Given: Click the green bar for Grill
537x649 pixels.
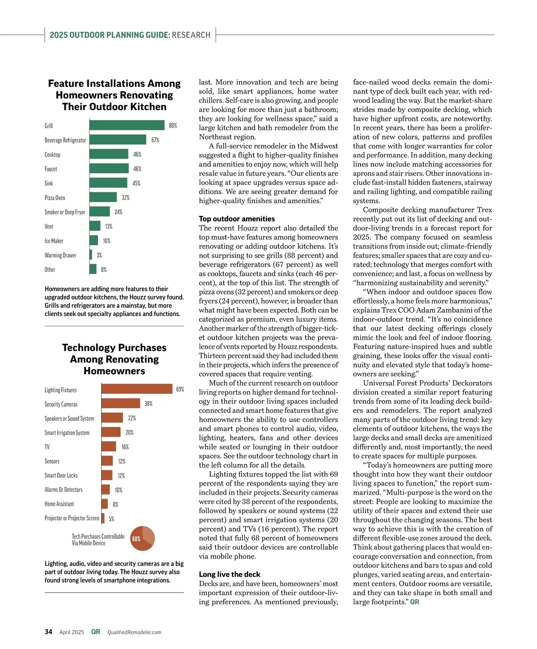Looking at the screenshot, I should pyautogui.click(x=127, y=125).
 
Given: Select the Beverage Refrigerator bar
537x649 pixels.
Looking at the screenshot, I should pyautogui.click(x=118, y=140).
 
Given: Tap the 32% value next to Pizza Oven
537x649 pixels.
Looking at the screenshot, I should pyautogui.click(x=126, y=197).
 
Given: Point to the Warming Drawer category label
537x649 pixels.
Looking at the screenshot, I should pyautogui.click(x=60, y=255).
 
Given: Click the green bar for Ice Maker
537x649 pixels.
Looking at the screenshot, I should pyautogui.click(x=94, y=240).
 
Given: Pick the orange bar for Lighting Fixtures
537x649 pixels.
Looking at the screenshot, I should pyautogui.click(x=137, y=389).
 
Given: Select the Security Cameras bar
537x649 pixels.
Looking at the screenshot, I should pyautogui.click(x=121, y=403).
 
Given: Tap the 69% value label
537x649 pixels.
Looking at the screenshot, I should pyautogui.click(x=180, y=389).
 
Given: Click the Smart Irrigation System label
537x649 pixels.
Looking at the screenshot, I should pyautogui.click(x=67, y=432).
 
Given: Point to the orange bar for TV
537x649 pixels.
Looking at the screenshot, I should pyautogui.click(x=109, y=446).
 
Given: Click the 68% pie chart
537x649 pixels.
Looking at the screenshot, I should pyautogui.click(x=142, y=538).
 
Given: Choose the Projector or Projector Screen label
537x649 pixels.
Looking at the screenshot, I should pyautogui.click(x=72, y=518).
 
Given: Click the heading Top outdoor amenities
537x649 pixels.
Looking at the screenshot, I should pyautogui.click(x=237, y=219).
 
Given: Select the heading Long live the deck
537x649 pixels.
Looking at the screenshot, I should pyautogui.click(x=230, y=574).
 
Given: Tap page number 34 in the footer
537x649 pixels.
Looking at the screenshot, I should pyautogui.click(x=48, y=632).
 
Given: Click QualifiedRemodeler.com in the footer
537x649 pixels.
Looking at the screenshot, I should pyautogui.click(x=134, y=632).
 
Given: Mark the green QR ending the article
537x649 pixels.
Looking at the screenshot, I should pyautogui.click(x=415, y=602).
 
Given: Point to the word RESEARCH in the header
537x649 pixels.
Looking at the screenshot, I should pyautogui.click(x=191, y=35).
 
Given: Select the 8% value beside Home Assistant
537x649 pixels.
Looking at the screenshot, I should pyautogui.click(x=115, y=504).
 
